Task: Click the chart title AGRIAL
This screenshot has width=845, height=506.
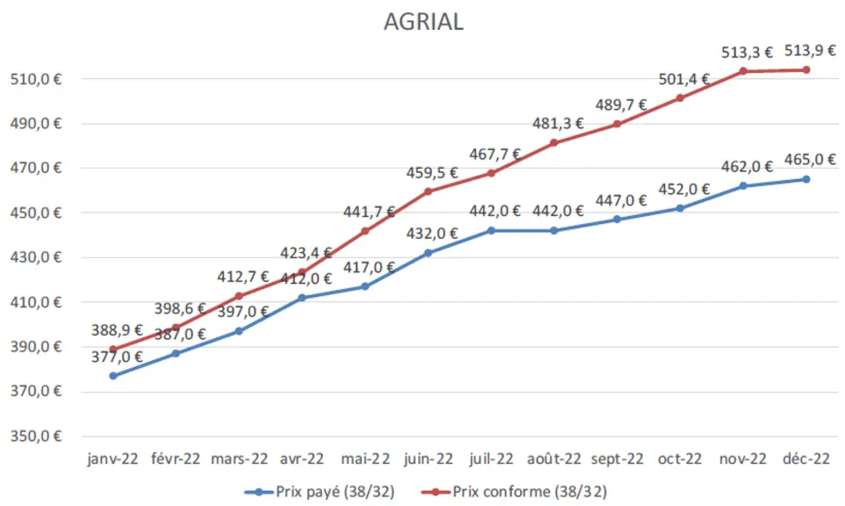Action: tap(423, 22)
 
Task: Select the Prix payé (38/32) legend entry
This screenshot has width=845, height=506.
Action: tap(320, 491)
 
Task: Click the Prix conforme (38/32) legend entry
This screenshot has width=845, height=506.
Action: tap(514, 491)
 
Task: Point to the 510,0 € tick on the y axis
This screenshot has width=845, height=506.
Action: tap(35, 79)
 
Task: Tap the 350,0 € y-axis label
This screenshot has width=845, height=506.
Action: tap(35, 436)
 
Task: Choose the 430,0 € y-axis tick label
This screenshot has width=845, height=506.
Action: tap(35, 257)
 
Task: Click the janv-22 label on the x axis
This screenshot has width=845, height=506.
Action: tap(112, 459)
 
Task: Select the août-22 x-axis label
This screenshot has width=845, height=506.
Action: tap(554, 459)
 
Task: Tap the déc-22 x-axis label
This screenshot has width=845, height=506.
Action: tap(806, 459)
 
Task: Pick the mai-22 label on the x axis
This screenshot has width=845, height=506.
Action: tap(365, 459)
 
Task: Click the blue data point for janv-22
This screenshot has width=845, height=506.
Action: tap(112, 376)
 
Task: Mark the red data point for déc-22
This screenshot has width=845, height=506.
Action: tap(806, 69)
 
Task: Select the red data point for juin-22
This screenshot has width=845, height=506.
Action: tap(428, 192)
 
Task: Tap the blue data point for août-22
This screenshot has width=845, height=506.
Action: tap(554, 231)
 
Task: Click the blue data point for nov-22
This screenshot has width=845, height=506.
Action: tap(743, 186)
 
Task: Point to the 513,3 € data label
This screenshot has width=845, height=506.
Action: tap(747, 53)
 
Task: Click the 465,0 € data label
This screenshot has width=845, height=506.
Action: tap(810, 160)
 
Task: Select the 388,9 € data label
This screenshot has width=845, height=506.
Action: tap(117, 329)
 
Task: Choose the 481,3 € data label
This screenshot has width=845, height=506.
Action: tap(558, 123)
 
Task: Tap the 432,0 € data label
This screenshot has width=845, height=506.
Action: tap(431, 234)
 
